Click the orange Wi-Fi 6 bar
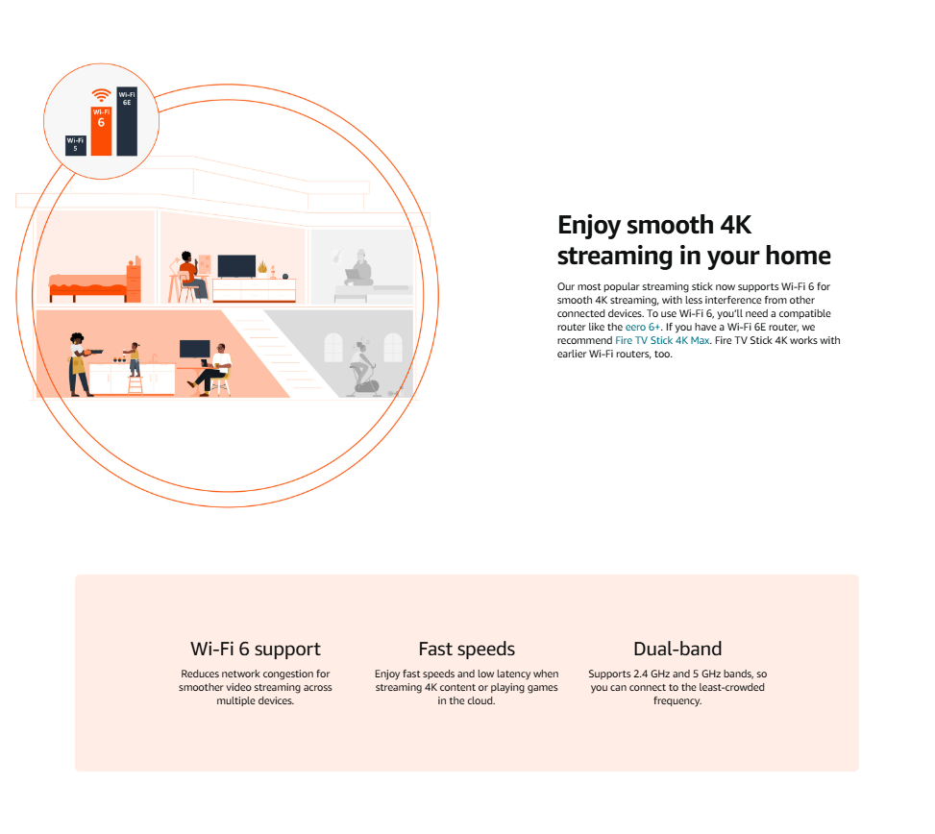coord(101,131)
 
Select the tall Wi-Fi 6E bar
coord(127,121)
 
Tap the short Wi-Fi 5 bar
coord(76,145)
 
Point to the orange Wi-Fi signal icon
coord(101,95)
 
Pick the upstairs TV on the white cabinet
coord(236,266)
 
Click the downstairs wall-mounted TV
coord(195,349)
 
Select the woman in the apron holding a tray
coord(80,364)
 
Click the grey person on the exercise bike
coord(362,367)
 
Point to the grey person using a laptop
coord(358,268)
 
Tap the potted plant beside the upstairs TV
coord(262,268)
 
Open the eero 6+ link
coord(642,327)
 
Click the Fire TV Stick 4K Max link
coord(662,340)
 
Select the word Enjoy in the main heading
coord(589,226)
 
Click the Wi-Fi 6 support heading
coord(256,650)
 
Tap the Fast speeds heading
coord(466,649)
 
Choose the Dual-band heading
coord(677,649)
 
